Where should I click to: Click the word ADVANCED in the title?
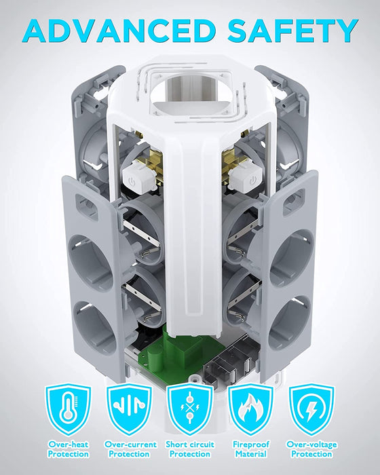click(119, 31)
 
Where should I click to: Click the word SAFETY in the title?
click(293, 31)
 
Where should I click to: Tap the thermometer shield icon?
click(68, 409)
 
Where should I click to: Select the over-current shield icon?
click(130, 409)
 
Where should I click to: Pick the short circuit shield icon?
click(190, 409)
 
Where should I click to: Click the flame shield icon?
click(250, 409)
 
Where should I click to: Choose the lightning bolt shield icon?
click(311, 409)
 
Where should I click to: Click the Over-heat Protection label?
click(69, 449)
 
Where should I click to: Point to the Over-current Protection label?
click(130, 449)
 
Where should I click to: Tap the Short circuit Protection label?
click(190, 449)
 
